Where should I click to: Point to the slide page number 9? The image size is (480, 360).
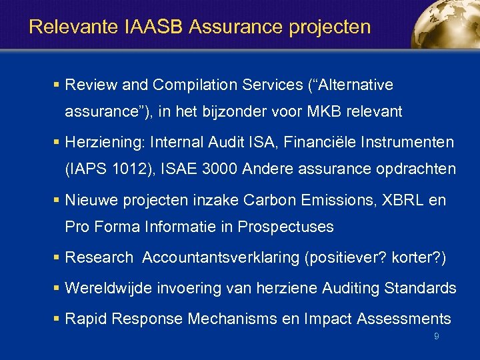[436, 337]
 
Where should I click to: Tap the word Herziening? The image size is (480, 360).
[105, 143]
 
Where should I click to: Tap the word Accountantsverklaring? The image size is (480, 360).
[220, 257]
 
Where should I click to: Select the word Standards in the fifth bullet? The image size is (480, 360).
[421, 288]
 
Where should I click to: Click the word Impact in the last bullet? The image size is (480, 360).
[327, 319]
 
